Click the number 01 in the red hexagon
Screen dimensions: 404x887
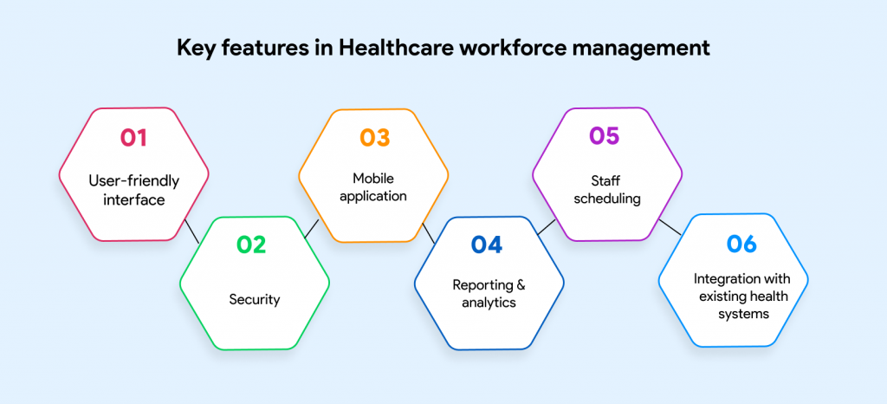click(133, 138)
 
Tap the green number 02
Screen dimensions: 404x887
click(251, 245)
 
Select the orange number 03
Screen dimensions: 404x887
click(374, 138)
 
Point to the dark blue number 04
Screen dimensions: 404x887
click(487, 245)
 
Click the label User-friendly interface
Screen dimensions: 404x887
click(133, 190)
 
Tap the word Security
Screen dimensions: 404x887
click(255, 300)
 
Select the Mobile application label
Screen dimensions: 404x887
click(373, 187)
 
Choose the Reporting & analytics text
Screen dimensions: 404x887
click(489, 293)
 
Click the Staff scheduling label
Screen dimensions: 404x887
click(606, 190)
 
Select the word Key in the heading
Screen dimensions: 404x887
click(197, 49)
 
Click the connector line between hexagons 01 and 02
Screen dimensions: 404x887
click(191, 231)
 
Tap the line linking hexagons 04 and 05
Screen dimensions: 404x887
click(546, 227)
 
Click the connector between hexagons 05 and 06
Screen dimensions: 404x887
click(669, 226)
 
